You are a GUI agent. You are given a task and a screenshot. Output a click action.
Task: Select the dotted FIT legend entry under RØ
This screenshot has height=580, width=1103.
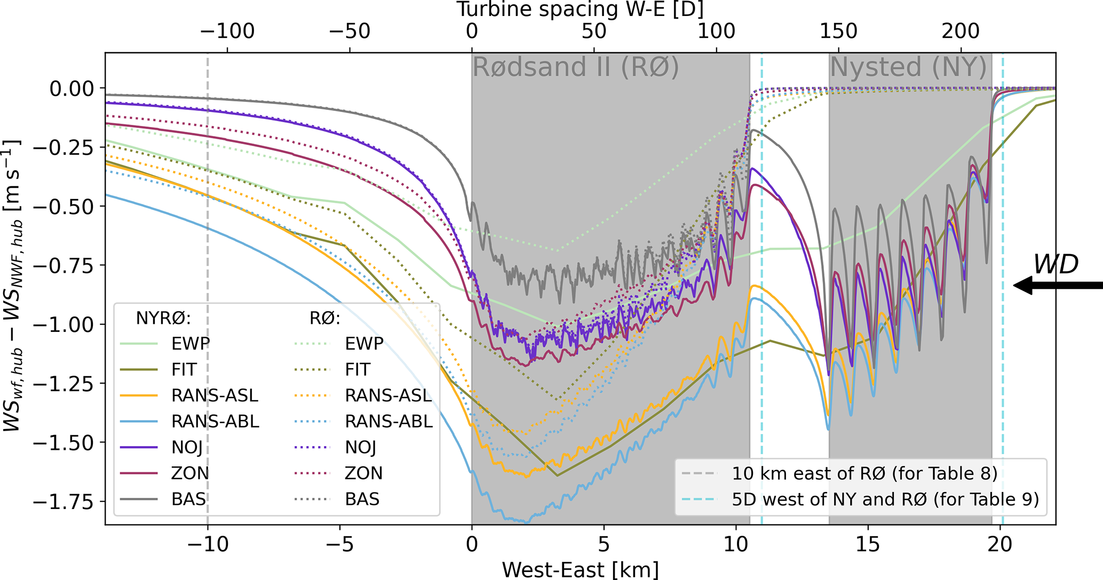[357, 369]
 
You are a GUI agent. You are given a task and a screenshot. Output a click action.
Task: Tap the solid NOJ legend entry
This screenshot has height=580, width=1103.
[187, 447]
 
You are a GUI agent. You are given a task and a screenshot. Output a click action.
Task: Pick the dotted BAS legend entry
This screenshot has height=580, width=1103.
[362, 499]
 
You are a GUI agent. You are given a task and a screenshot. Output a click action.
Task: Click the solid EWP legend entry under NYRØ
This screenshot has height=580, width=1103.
[191, 344]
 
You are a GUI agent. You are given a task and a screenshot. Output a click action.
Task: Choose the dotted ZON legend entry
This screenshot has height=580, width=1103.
[363, 473]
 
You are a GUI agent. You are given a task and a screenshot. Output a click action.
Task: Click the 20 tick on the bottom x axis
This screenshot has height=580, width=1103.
[1000, 544]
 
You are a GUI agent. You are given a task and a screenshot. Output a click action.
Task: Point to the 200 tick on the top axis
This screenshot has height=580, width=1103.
[961, 31]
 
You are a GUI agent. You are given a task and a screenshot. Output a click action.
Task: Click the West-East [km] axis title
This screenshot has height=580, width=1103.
[580, 569]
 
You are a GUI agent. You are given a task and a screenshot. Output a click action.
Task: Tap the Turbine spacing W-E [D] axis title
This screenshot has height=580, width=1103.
[580, 9]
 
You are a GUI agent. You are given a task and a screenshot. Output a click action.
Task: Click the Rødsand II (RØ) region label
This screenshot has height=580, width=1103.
[576, 68]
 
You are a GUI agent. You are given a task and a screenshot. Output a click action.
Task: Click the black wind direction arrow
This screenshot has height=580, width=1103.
[1057, 285]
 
